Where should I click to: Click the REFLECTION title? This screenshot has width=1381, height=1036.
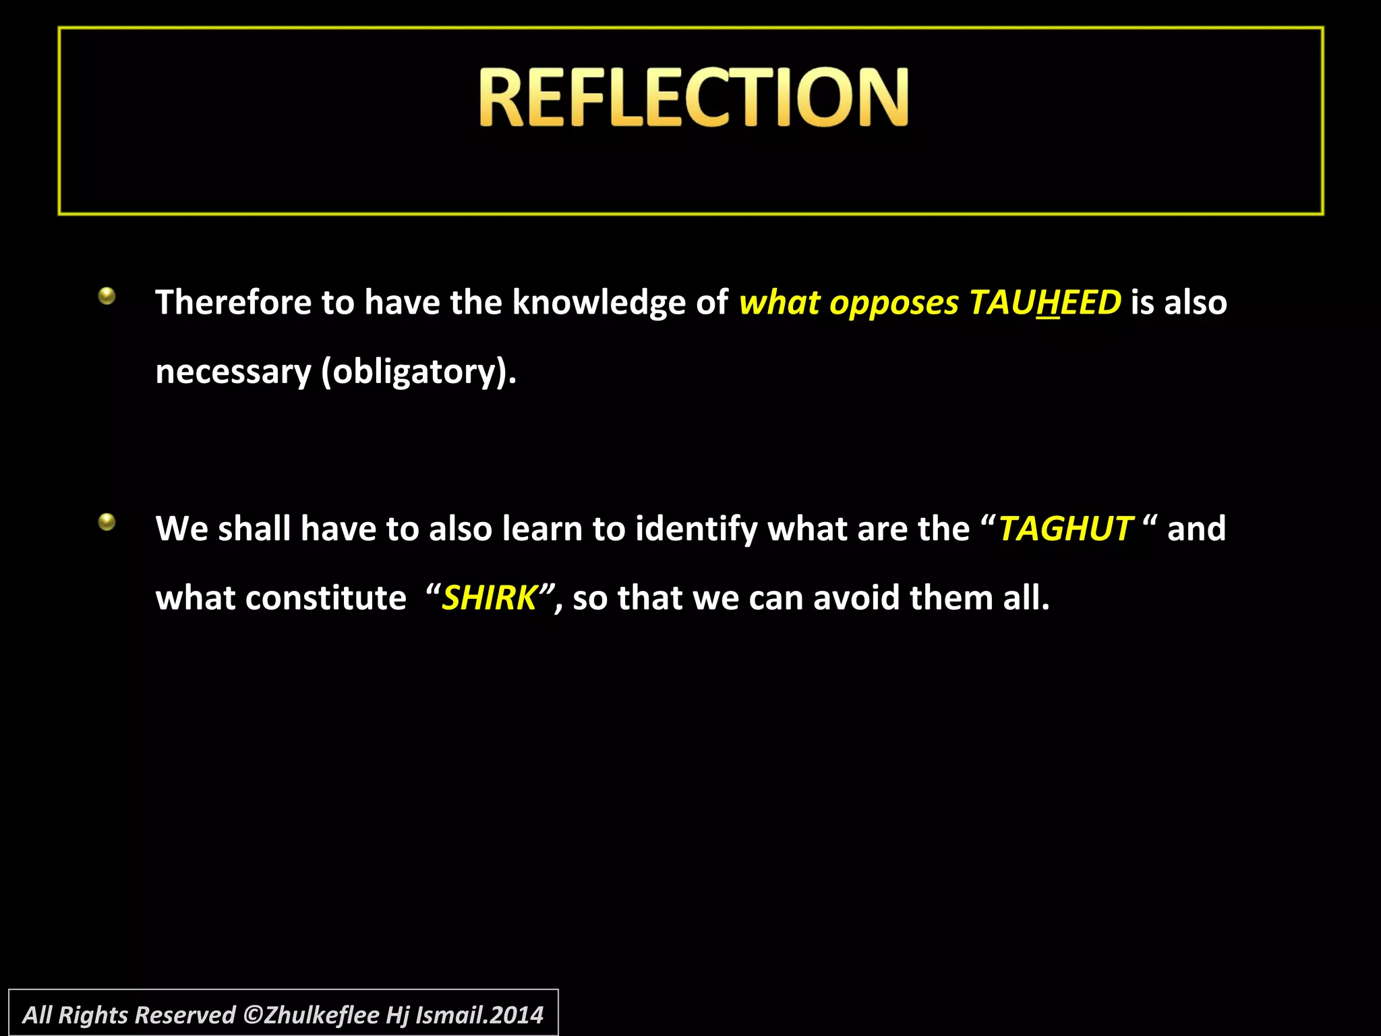693,98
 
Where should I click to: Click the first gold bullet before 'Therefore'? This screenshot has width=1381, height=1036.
107,295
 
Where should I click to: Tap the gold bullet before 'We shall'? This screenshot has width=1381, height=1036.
107,521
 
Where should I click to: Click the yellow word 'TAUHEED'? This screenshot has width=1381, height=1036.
1045,302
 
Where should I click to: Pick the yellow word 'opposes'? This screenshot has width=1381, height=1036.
893,304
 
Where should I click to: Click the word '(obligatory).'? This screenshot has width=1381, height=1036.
419,372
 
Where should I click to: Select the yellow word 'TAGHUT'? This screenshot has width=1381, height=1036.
1065,529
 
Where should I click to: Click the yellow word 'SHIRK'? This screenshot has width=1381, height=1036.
489,598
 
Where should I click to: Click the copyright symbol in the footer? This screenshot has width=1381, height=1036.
253,1015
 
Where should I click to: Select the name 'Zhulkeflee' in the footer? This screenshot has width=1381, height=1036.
322,1015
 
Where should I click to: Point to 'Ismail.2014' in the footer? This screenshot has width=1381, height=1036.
479,1015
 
